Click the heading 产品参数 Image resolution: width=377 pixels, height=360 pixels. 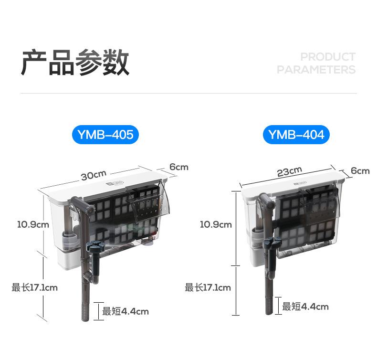pos(75,63)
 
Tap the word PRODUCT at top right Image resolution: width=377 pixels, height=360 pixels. pos(327,57)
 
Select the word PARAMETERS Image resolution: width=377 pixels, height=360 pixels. pos(316,70)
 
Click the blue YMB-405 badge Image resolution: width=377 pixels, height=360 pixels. pos(105,135)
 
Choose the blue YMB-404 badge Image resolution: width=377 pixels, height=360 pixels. pos(296,135)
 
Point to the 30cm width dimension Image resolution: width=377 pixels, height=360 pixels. pos(94,175)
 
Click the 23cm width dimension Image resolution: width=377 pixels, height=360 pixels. pos(290,171)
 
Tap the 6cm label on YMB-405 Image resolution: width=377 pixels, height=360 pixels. pos(179,167)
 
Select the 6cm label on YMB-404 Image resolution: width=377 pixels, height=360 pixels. pos(360,171)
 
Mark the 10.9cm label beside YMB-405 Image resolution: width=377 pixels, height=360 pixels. pos(33,224)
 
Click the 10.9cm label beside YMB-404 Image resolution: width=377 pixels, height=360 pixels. pos(216,224)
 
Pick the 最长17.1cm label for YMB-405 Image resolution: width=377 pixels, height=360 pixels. pos(34,287)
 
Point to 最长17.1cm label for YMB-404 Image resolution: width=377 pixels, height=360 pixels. pos(208,287)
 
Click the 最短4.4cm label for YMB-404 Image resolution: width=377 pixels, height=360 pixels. pos(305,307)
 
